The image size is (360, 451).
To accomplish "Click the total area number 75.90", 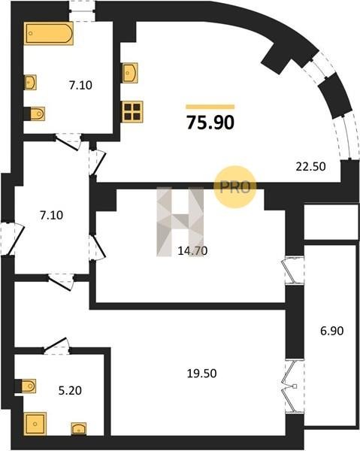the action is click(210, 122).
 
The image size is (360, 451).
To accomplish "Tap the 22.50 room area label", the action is click(311, 167).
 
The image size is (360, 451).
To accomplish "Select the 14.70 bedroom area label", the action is click(192, 251).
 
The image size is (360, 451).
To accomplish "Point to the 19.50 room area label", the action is click(202, 374).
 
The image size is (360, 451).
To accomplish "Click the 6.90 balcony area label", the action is click(332, 331).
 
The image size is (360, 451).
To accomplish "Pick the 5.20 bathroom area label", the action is click(70, 391).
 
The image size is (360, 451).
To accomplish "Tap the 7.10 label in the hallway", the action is click(52, 215).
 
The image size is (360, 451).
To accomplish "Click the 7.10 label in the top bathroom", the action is click(80, 85).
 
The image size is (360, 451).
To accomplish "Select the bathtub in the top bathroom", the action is click(48, 33).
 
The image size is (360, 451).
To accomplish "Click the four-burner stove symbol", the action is click(132, 111).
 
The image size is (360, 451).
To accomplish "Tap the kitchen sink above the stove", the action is click(130, 73).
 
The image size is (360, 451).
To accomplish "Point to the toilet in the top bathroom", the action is click(35, 114).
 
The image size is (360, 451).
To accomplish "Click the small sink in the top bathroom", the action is click(30, 82).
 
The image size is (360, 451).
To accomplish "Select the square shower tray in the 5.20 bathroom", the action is click(35, 424).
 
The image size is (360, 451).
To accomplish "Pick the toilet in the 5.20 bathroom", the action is click(26, 386).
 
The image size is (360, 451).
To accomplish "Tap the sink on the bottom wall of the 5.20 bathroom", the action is click(79, 429).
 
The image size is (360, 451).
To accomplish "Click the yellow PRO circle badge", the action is click(235, 187).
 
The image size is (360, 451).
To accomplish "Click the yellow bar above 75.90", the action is click(210, 107).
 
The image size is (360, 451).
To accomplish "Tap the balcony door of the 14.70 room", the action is click(294, 271).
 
